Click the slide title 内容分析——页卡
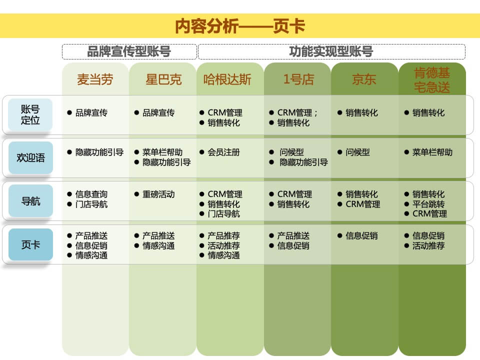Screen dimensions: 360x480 [240, 26]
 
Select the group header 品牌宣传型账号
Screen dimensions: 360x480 [129, 51]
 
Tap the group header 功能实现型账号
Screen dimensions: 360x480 [331, 51]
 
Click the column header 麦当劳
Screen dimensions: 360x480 [95, 79]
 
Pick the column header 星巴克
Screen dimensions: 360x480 [163, 79]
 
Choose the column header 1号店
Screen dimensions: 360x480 [298, 79]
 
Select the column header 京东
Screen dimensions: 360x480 [364, 79]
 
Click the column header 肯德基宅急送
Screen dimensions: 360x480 [432, 80]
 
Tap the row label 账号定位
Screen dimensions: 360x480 [30, 114]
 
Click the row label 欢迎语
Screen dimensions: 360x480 [30, 158]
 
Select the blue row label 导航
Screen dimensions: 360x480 [30, 201]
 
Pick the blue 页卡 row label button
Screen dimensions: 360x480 [30, 245]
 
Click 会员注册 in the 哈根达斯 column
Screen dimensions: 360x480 [223, 152]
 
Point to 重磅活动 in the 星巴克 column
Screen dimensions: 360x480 [158, 194]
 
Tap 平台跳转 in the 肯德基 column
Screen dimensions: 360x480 [428, 204]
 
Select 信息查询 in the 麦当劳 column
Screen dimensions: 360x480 [91, 194]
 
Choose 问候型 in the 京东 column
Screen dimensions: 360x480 [357, 152]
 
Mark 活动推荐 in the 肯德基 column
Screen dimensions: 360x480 [428, 246]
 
